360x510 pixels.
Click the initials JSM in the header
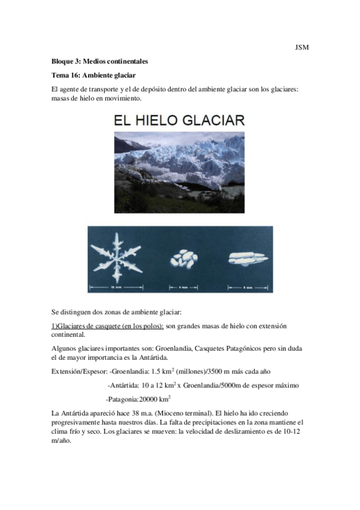pos(302,48)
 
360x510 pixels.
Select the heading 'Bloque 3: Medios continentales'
pos(100,61)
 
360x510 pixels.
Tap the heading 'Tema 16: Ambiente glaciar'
pos(94,75)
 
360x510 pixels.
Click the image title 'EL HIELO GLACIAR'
pos(179,120)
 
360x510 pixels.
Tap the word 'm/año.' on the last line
pos(61,440)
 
